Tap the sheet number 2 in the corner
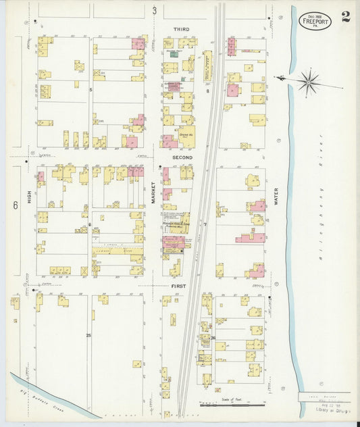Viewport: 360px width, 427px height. [x=346, y=17]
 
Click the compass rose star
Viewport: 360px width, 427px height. [x=309, y=82]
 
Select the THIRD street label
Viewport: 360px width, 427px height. [x=181, y=29]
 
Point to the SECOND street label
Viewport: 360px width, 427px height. [x=182, y=157]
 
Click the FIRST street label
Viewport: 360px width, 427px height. [x=178, y=286]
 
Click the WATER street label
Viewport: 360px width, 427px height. [x=276, y=197]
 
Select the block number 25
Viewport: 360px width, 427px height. [x=88, y=335]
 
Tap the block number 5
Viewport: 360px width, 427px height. [x=90, y=89]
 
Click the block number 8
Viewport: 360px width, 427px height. [x=208, y=89]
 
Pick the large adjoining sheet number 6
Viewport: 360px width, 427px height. [x=14, y=204]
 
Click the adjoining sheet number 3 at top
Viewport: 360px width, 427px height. [x=155, y=10]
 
